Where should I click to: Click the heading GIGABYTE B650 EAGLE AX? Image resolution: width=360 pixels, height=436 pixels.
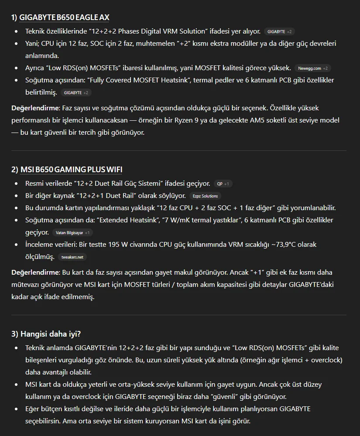(x=64, y=17)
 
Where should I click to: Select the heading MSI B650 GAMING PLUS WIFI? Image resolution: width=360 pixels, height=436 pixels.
(x=74, y=170)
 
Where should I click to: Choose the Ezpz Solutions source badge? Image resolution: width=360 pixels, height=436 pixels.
(x=205, y=196)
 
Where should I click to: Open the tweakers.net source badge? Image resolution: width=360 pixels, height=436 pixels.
(x=72, y=257)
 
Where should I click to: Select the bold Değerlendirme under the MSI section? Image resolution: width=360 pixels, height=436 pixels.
(x=35, y=272)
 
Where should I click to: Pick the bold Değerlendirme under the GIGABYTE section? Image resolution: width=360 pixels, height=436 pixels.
(x=35, y=108)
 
